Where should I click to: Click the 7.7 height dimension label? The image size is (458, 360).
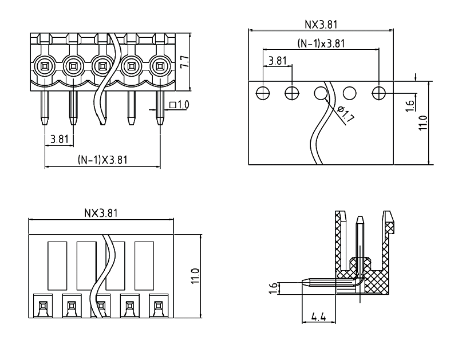pyautogui.click(x=184, y=62)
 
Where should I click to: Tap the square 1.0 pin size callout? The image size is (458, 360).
pyautogui.click(x=180, y=105)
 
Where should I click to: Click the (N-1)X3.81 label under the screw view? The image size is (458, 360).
pyautogui.click(x=102, y=161)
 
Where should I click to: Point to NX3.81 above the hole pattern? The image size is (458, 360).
pyautogui.click(x=321, y=25)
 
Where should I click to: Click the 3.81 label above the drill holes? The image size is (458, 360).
pyautogui.click(x=277, y=61)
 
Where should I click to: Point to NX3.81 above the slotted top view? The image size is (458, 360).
pyautogui.click(x=101, y=213)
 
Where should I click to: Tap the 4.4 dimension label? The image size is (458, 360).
pyautogui.click(x=318, y=317)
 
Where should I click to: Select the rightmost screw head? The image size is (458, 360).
pyautogui.click(x=160, y=67)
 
